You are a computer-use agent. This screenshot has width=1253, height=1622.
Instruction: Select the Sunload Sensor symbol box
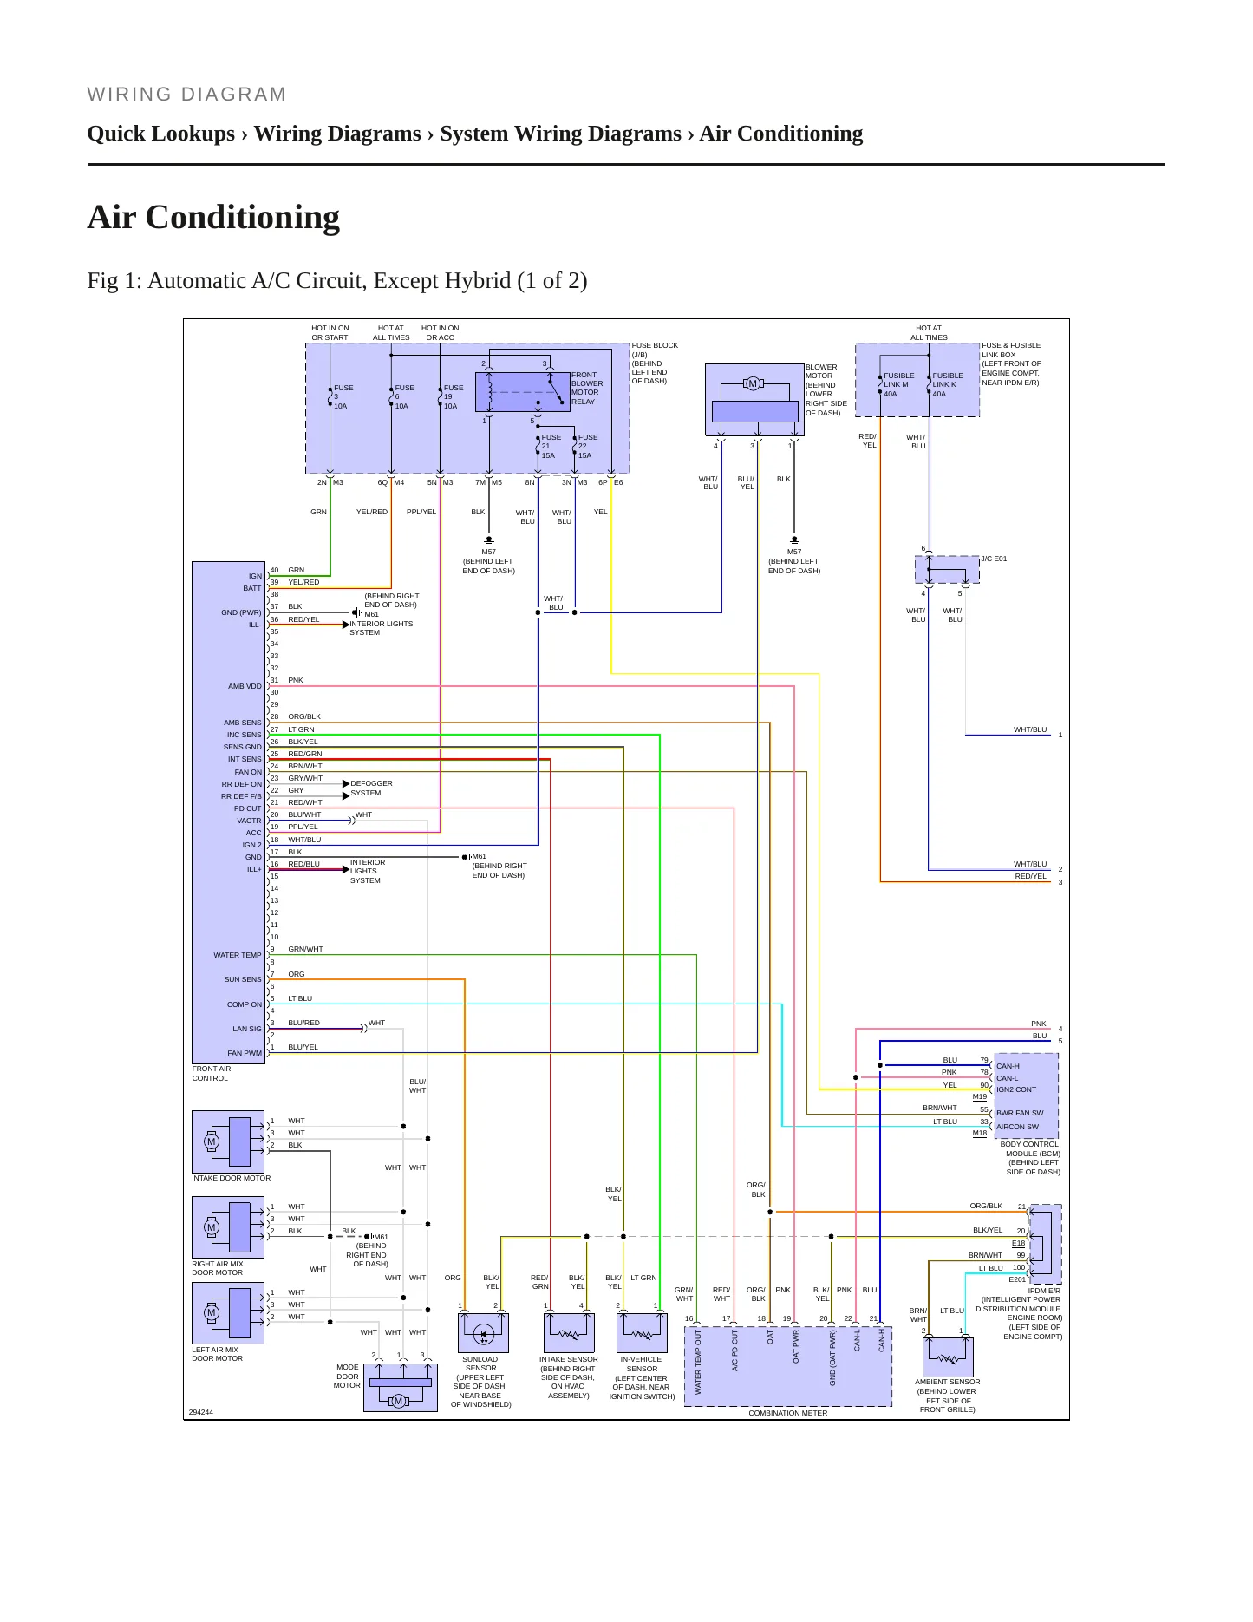click(x=483, y=1332)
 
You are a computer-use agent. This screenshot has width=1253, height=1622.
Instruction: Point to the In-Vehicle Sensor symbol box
click(x=642, y=1332)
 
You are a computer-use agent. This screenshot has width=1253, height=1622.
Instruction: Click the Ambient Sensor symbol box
click(x=948, y=1357)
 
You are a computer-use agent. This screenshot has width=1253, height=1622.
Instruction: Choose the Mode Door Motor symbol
click(x=400, y=1387)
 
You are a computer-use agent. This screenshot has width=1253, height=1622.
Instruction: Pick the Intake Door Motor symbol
click(x=228, y=1141)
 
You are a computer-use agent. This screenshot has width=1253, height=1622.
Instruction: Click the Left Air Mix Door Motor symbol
click(x=228, y=1313)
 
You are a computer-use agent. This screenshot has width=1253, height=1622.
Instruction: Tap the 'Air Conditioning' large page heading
click(x=213, y=217)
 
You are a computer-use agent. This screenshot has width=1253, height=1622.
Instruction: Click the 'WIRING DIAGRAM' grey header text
click(x=186, y=95)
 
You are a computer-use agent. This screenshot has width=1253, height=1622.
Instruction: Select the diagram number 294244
click(x=200, y=1412)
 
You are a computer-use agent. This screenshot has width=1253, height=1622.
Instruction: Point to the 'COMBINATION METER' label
click(x=788, y=1413)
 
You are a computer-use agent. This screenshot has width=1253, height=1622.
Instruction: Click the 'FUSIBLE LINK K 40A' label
click(x=947, y=384)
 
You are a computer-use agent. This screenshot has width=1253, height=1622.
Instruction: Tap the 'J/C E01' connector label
click(x=994, y=559)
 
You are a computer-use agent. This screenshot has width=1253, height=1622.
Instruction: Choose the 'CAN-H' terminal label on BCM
click(x=1008, y=1066)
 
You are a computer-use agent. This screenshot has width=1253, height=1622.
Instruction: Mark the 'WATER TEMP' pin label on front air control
click(x=238, y=955)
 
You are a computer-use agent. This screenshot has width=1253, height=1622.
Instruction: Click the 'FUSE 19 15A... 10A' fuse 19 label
click(x=453, y=397)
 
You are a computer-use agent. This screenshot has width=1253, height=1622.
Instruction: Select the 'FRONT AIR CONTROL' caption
click(x=212, y=1074)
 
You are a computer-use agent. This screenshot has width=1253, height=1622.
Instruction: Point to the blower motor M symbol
click(x=753, y=383)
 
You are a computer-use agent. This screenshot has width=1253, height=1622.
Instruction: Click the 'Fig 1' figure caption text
click(x=337, y=281)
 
